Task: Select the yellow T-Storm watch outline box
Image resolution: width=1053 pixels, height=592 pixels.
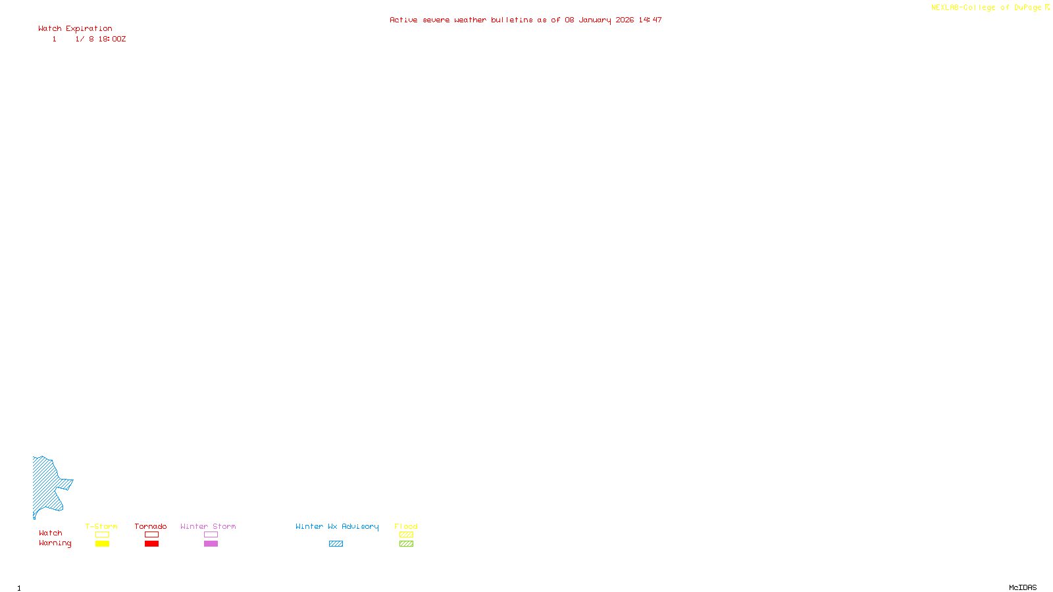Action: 102,535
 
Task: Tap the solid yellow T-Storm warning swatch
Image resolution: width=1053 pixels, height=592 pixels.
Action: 102,544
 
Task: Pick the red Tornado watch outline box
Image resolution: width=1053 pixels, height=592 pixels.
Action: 151,535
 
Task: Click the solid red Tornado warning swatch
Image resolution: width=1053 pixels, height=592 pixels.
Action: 151,544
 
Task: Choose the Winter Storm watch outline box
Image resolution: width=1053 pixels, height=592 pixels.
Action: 211,535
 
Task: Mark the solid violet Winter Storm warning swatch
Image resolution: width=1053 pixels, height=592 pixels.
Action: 211,544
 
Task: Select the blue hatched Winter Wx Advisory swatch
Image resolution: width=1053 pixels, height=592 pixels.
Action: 336,544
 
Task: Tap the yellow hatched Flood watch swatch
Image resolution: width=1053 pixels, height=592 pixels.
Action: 406,535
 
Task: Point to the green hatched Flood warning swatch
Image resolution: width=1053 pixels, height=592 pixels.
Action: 406,544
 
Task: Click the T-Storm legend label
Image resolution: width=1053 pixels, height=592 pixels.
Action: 101,526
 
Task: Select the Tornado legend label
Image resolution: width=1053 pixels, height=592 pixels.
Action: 151,526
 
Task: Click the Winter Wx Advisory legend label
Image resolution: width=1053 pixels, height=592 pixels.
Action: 337,526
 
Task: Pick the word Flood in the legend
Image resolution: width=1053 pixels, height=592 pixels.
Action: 406,526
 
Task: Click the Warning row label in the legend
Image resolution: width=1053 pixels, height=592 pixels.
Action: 55,543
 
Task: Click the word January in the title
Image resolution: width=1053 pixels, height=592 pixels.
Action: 594,20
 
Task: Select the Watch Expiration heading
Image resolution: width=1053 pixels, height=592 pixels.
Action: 75,29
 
